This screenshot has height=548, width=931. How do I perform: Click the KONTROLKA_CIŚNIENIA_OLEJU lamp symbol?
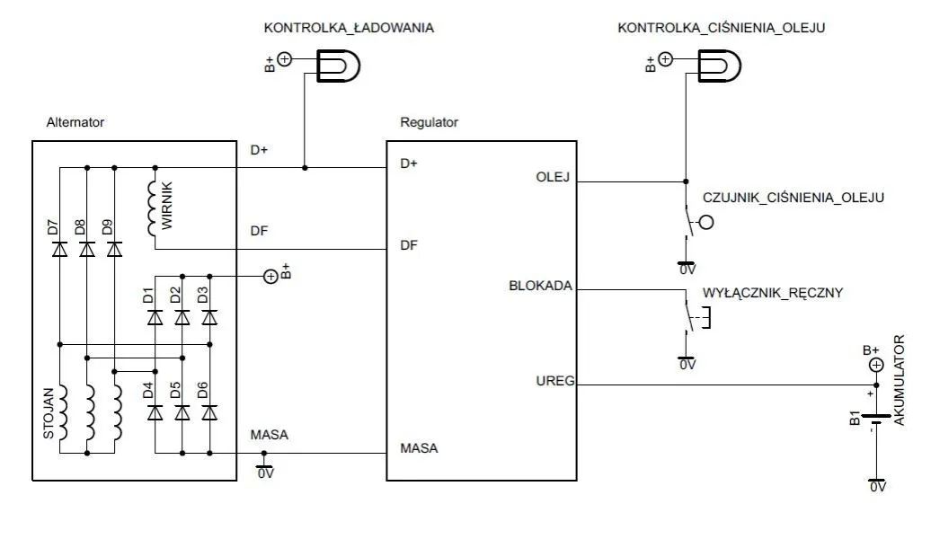click(720, 65)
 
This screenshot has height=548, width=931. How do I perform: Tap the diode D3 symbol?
click(209, 316)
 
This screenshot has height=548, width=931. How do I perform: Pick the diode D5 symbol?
click(182, 412)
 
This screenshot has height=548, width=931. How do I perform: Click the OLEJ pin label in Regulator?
click(553, 176)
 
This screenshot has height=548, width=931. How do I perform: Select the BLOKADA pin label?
click(540, 287)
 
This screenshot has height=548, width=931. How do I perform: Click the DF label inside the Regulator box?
click(409, 244)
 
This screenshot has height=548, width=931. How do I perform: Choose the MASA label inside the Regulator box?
click(419, 447)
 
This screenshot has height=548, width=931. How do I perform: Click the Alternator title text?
click(75, 122)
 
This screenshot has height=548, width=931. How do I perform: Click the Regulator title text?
click(429, 122)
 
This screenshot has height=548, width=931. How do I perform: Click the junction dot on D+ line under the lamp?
click(306, 167)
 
